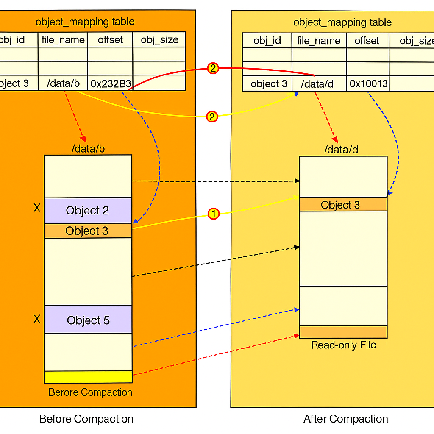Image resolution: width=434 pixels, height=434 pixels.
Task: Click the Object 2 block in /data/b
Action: [88, 210]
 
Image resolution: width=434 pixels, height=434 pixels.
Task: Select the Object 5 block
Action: [88, 320]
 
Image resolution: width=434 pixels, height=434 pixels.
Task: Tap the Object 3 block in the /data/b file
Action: [88, 231]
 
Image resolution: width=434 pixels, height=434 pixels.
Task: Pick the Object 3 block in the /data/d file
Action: [343, 205]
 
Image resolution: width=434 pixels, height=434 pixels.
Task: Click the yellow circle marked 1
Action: [214, 214]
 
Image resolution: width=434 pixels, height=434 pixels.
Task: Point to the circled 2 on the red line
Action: [213, 68]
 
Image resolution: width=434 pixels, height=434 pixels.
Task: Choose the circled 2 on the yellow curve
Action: [212, 117]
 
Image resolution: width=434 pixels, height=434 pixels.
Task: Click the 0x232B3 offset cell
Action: [110, 83]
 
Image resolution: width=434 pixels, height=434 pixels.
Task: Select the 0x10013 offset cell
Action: [368, 83]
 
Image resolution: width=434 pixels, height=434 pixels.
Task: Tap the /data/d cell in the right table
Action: [319, 84]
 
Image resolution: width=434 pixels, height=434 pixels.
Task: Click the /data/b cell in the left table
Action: [63, 83]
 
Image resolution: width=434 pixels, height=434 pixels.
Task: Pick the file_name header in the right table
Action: [319, 41]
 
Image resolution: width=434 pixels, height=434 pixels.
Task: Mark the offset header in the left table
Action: [110, 40]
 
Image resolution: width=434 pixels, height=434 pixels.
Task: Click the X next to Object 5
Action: [37, 319]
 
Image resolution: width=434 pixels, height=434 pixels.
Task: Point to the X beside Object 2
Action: [37, 208]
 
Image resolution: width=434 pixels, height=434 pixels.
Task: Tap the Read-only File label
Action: [343, 345]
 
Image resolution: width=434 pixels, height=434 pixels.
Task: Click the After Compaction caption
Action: [345, 419]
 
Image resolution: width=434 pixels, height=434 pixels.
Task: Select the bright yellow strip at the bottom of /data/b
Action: [88, 377]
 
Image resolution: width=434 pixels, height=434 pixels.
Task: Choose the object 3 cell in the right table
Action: [268, 84]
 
